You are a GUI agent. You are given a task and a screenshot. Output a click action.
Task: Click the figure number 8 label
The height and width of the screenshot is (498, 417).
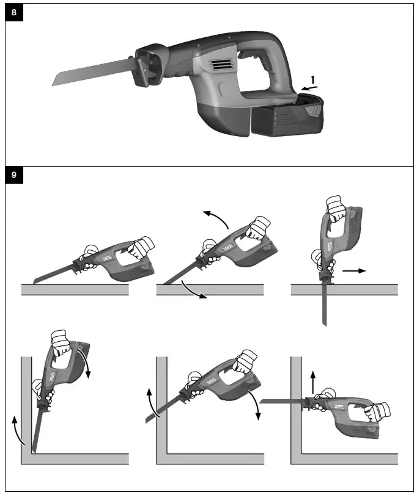tap(14, 13)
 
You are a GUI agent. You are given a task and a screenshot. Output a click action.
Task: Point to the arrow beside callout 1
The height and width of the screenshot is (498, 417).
tap(311, 89)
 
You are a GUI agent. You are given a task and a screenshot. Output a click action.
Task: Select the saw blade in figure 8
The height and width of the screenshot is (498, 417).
tap(92, 74)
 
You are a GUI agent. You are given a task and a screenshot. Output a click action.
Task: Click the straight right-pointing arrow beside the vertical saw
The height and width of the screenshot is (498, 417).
tap(354, 269)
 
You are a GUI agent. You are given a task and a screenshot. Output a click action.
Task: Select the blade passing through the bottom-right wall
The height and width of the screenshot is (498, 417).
tap(281, 401)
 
